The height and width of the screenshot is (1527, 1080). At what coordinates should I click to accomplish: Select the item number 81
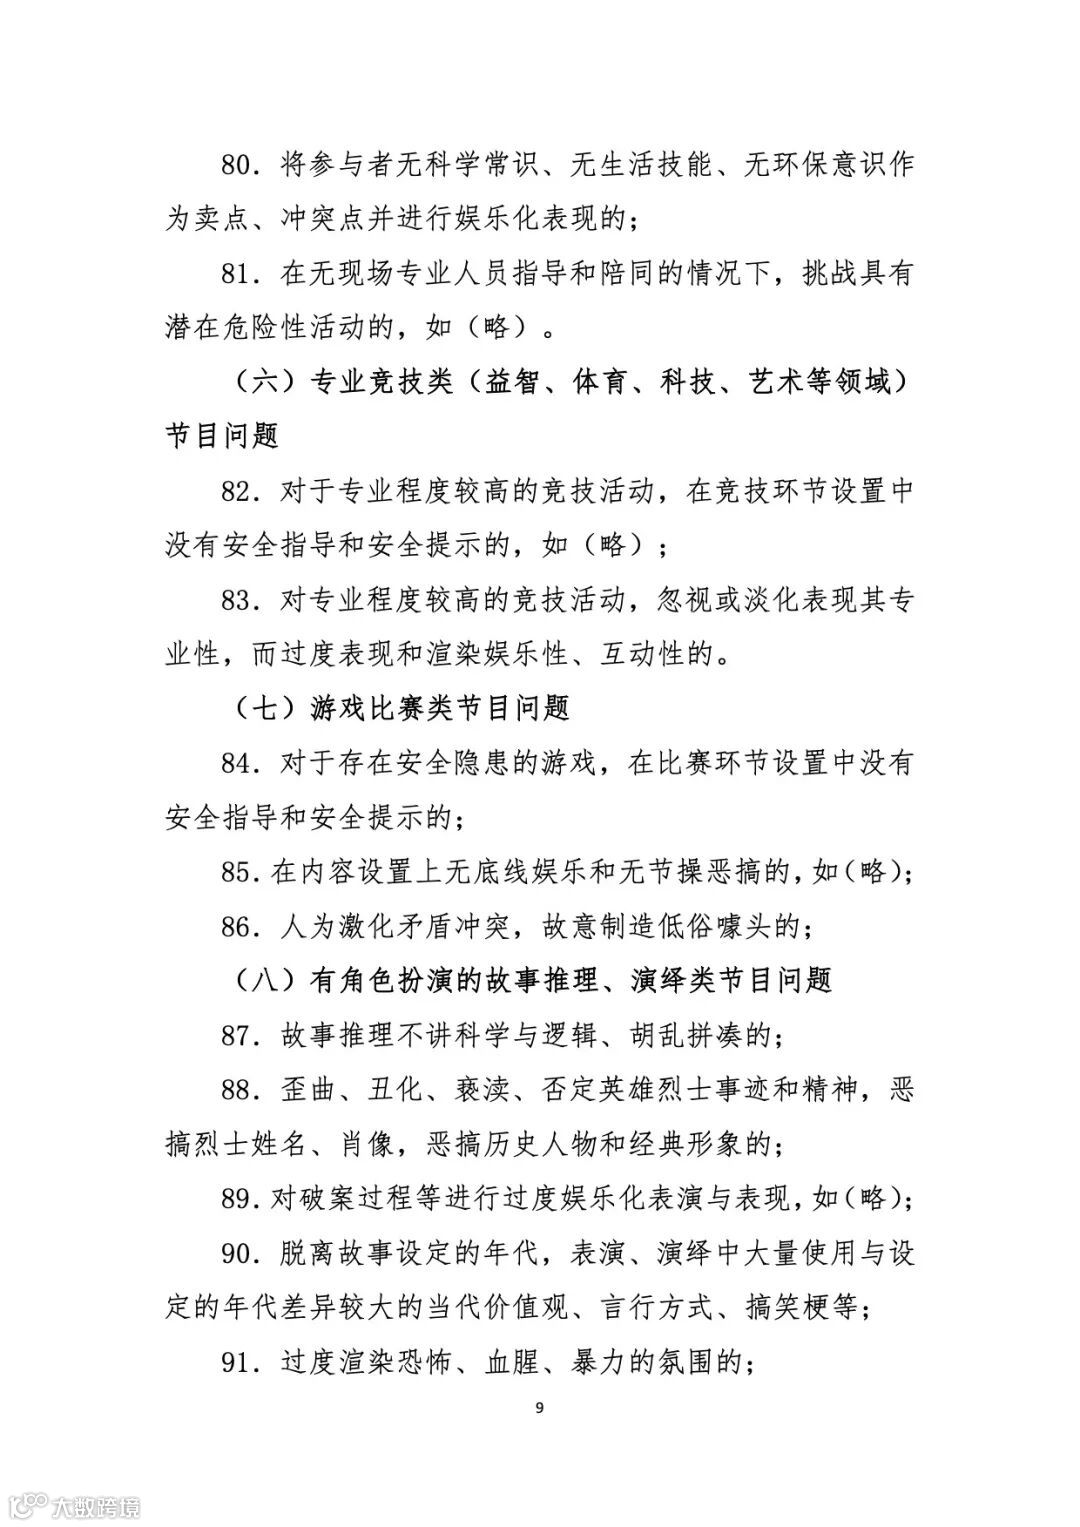[239, 273]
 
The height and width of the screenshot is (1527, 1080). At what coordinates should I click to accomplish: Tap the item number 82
[239, 491]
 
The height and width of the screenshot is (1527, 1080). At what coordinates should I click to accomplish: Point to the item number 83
[239, 600]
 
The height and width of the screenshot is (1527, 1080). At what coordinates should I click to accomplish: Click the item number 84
[239, 764]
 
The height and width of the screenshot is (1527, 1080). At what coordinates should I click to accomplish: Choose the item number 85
[239, 873]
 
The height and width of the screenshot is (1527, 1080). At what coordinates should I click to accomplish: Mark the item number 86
[239, 927]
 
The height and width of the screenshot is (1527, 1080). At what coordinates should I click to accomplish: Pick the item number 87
[239, 1036]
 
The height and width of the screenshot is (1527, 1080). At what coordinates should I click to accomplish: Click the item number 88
[239, 1089]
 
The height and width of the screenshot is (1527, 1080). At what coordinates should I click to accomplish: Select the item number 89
[239, 1198]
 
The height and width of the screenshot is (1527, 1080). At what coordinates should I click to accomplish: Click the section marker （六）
[265, 382]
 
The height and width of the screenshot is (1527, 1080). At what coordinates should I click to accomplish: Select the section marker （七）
[265, 709]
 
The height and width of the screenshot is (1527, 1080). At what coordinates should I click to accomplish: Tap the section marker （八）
[265, 981]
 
